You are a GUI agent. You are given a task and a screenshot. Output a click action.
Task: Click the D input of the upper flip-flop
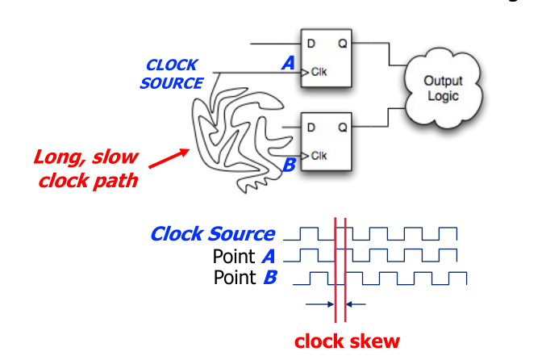pyautogui.click(x=311, y=44)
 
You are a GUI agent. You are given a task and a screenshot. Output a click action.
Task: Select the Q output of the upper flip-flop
pyautogui.click(x=342, y=44)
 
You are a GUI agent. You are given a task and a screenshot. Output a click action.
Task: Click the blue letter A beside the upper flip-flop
pyautogui.click(x=288, y=63)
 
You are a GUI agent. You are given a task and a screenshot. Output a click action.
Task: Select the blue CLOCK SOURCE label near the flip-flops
pyautogui.click(x=172, y=73)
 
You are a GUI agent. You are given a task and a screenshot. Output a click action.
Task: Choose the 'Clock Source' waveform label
pyautogui.click(x=212, y=235)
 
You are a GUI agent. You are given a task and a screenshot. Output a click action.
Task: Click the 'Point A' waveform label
pyautogui.click(x=244, y=257)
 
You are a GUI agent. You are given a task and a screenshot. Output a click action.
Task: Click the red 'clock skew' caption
pyautogui.click(x=347, y=341)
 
